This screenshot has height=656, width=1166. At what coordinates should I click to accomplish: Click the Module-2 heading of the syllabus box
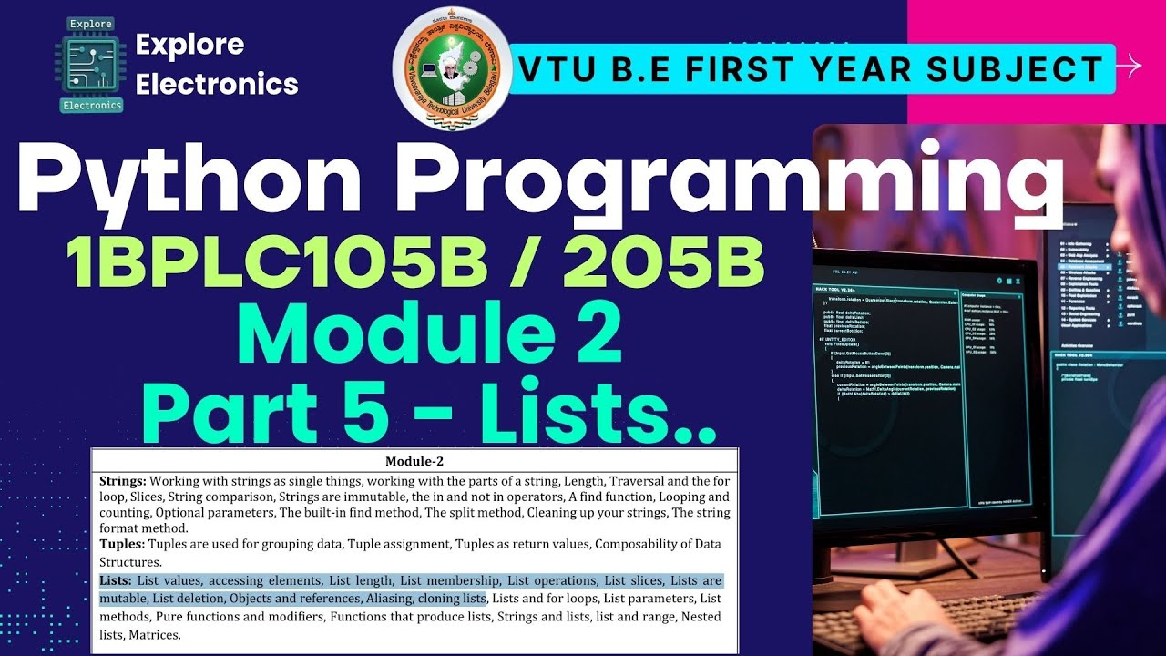click(x=414, y=461)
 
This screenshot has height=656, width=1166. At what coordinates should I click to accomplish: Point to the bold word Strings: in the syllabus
click(x=122, y=480)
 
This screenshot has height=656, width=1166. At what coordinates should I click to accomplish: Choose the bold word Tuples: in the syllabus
click(x=122, y=544)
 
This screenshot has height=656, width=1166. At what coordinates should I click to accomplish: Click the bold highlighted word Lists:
click(x=116, y=580)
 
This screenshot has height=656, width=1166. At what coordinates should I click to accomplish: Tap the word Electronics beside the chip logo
click(x=216, y=84)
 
